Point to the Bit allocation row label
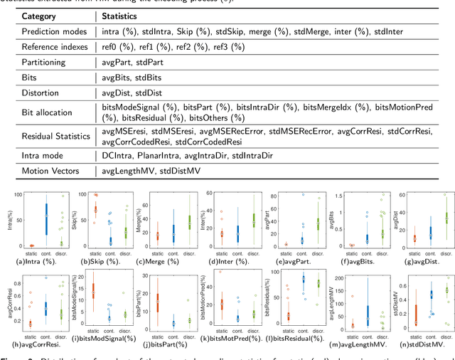(47, 112)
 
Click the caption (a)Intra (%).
(36, 262)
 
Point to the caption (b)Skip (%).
(98, 262)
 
